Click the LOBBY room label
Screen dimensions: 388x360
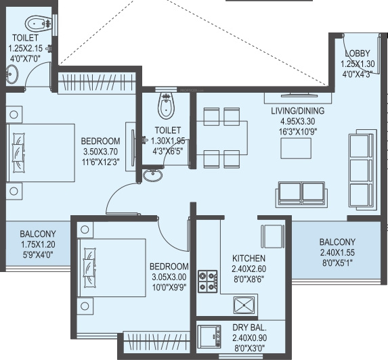pos(358,53)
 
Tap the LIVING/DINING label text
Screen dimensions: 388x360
pos(298,110)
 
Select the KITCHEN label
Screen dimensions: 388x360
pos(249,258)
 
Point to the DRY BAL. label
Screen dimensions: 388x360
pos(249,328)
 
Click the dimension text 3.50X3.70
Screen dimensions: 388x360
pos(100,152)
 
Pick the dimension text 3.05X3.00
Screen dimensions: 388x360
pos(169,277)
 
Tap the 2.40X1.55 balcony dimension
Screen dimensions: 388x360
pos(337,252)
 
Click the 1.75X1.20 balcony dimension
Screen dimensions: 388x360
pos(38,244)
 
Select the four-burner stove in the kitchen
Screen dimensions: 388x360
pos(208,282)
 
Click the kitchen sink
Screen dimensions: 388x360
pos(244,305)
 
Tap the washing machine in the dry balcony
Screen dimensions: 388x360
pos(209,337)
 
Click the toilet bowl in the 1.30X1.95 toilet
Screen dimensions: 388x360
pos(167,106)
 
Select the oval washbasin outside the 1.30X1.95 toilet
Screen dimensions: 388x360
pos(153,175)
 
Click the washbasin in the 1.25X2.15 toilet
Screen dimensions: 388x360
pos(12,74)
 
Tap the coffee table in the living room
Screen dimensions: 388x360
pos(296,148)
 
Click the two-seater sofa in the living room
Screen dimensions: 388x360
pos(301,194)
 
